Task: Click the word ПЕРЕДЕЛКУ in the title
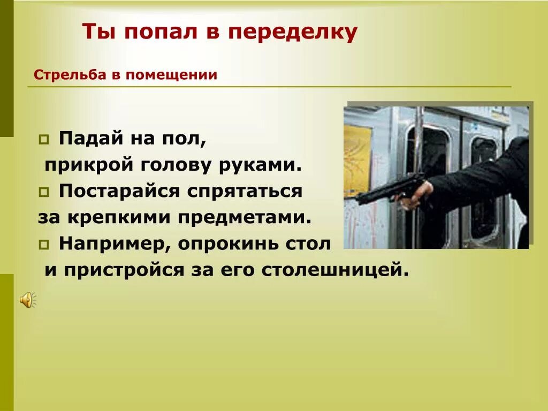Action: tap(293, 33)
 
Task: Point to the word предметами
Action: tap(238, 217)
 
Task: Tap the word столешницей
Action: tap(335, 270)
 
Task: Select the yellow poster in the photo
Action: tap(357, 161)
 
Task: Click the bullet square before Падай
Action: tap(43, 140)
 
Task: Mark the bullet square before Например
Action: tap(43, 245)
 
